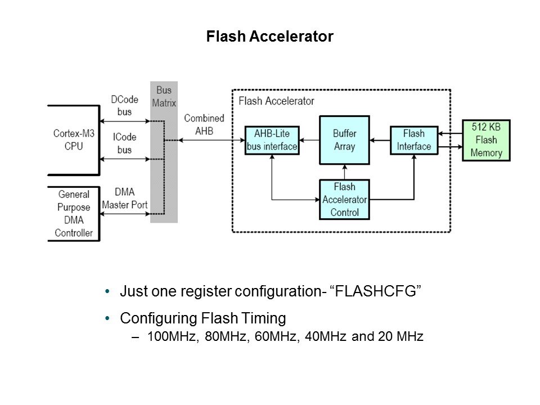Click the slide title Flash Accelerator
pyautogui.click(x=270, y=37)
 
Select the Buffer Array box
pyautogui.click(x=344, y=140)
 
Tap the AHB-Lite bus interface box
pyautogui.click(x=272, y=140)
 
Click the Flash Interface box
pyautogui.click(x=414, y=140)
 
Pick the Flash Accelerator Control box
pyautogui.click(x=344, y=199)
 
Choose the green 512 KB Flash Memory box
pyautogui.click(x=486, y=141)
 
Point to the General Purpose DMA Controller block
pyautogui.click(x=74, y=214)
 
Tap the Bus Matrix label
pyautogui.click(x=164, y=97)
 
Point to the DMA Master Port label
pyautogui.click(x=125, y=199)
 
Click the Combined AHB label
pyautogui.click(x=204, y=124)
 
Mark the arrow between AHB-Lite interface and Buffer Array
pyautogui.click(x=309, y=140)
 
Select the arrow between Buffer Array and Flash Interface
pyautogui.click(x=380, y=140)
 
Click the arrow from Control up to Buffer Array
pyautogui.click(x=344, y=172)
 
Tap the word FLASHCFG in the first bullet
pyautogui.click(x=375, y=292)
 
